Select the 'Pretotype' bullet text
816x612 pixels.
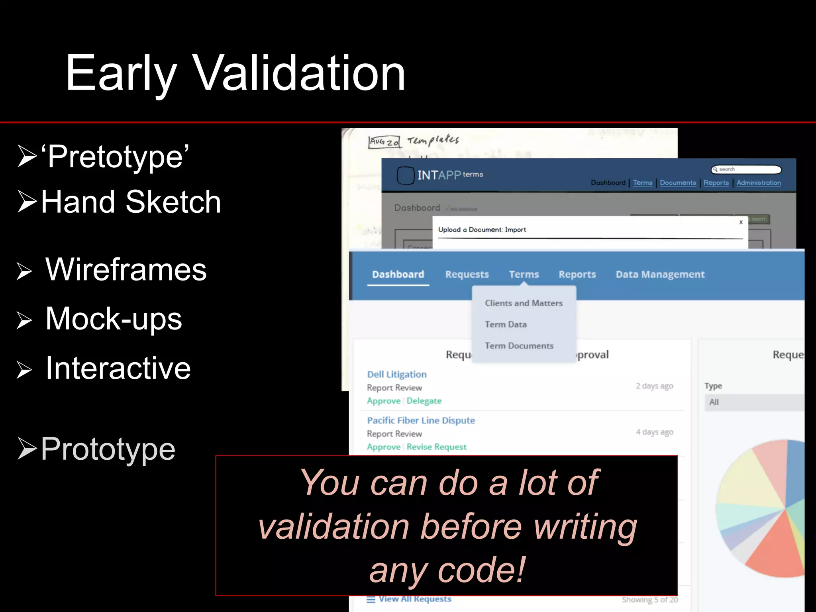coord(116,157)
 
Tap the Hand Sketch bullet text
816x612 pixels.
coord(131,202)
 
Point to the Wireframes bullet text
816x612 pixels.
coord(126,270)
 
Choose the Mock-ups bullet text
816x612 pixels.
coord(114,319)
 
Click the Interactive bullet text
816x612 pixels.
coord(118,368)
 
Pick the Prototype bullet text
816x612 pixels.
coord(108,449)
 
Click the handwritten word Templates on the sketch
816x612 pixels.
coord(433,140)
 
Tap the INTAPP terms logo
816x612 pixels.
coord(440,175)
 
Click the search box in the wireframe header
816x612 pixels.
coord(746,169)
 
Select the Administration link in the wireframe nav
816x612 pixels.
coord(758,183)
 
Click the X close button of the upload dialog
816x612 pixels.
coord(741,222)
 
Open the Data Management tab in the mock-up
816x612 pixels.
coord(660,275)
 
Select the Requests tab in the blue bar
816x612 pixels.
coord(467,275)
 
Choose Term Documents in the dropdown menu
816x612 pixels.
coord(519,346)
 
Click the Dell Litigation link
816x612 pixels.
coord(396,375)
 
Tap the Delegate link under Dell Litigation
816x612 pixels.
coord(424,401)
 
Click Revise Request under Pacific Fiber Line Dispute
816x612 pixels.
coord(436,447)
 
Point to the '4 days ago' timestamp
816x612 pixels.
coord(654,432)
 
